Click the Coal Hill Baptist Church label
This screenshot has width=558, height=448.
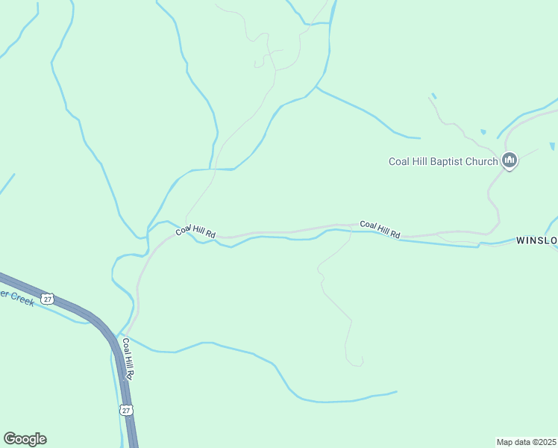click(443, 161)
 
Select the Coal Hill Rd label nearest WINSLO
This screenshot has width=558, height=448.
click(380, 229)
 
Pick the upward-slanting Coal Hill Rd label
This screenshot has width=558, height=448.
click(195, 231)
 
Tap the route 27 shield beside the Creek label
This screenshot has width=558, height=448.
click(48, 299)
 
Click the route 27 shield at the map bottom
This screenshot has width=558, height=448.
click(126, 410)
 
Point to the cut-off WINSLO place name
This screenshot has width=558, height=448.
click(536, 240)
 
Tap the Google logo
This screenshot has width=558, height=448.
click(25, 439)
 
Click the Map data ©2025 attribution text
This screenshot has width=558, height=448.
click(527, 441)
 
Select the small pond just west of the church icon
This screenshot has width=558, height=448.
click(483, 132)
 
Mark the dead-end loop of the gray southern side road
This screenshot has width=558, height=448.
click(356, 362)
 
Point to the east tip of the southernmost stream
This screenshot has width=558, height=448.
click(396, 391)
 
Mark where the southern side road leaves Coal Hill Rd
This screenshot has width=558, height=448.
click(351, 225)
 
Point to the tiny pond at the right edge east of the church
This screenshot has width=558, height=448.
click(552, 146)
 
